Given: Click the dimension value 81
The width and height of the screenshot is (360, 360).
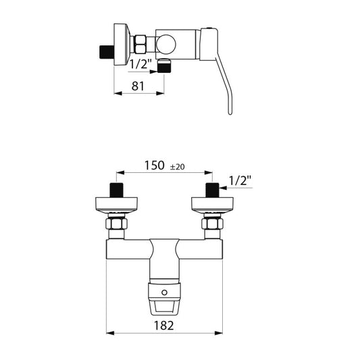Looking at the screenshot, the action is pos(138,86).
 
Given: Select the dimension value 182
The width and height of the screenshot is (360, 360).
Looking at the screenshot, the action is pos(163,326).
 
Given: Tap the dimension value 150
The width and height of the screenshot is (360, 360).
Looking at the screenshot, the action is pos(154,165).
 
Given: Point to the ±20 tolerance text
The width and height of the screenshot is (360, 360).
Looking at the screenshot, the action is pos(177,167).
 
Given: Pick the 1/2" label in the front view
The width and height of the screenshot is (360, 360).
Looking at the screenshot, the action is pos(240,181).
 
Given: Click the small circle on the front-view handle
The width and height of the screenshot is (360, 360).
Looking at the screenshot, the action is pos(164,292).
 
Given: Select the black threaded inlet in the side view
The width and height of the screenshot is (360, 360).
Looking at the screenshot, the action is pos(107,53).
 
